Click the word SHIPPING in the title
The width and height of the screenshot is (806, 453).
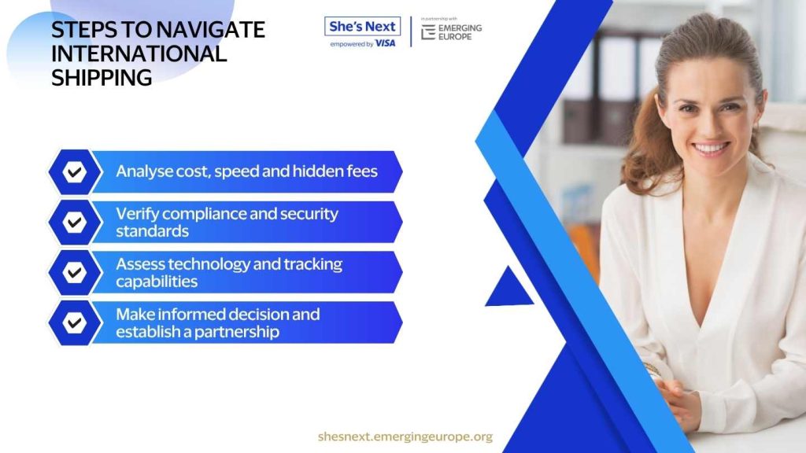(x=102, y=78)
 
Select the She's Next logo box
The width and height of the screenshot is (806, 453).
(x=362, y=26)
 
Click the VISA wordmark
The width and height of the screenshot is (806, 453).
(x=385, y=44)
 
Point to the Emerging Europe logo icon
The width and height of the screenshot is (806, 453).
(x=427, y=32)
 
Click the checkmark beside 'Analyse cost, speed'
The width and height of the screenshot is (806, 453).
(x=75, y=172)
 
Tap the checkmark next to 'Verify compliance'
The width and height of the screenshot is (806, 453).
(x=75, y=223)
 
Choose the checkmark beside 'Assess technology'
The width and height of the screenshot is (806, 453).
(x=75, y=273)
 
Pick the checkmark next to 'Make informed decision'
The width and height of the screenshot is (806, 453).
(x=75, y=323)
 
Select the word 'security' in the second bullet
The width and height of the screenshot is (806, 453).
(x=309, y=214)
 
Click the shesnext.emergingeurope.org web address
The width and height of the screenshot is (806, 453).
(x=405, y=436)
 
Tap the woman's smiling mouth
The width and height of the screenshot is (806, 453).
(x=711, y=149)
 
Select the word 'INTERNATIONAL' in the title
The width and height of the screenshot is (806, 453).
(x=139, y=54)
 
